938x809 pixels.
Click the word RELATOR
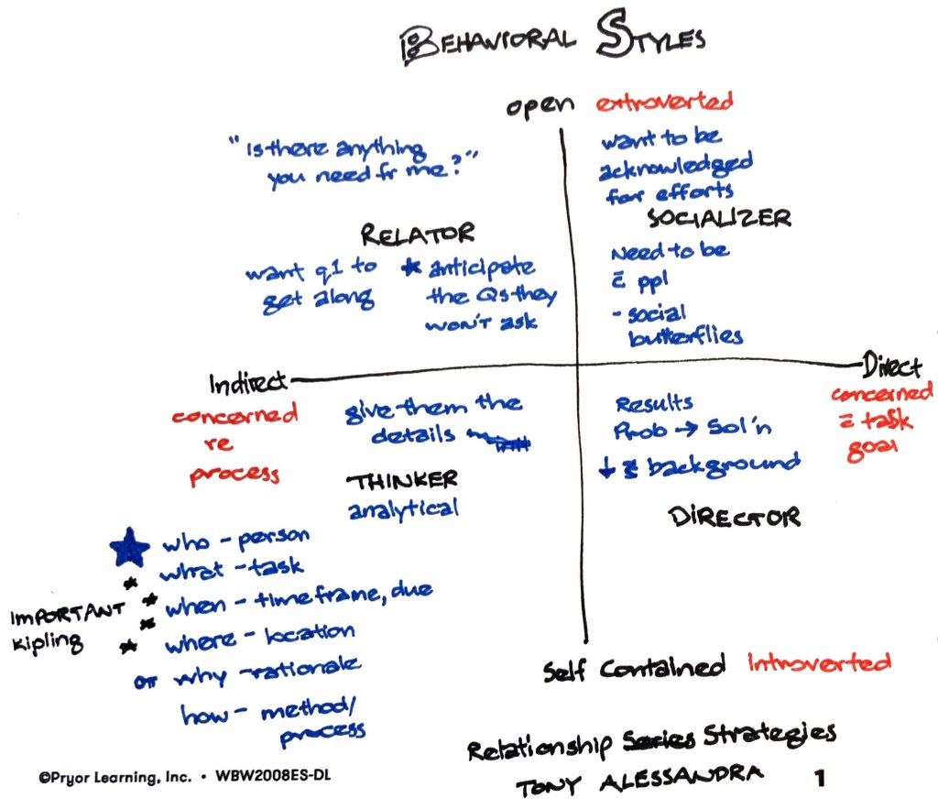pos(417,235)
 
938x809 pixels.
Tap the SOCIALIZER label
pos(719,217)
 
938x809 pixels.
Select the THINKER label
pos(401,480)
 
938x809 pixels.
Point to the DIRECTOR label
pos(735,517)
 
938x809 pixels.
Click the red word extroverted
pos(664,102)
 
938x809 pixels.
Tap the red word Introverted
pos(818,663)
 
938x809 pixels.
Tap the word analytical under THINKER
pos(403,509)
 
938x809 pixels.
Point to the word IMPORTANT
pos(67,615)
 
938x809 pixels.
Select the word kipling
pos(47,643)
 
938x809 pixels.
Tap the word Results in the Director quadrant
pos(654,403)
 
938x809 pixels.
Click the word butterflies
pos(686,336)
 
